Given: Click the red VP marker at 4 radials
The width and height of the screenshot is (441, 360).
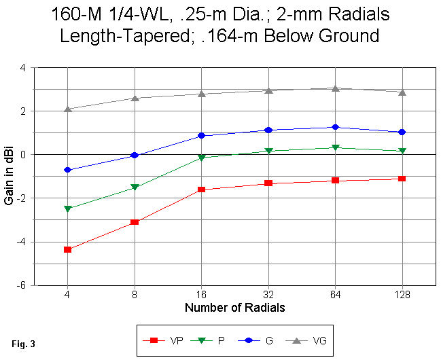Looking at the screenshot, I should click(x=67, y=249).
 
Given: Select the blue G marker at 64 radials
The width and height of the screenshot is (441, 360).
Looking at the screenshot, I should click(x=336, y=127).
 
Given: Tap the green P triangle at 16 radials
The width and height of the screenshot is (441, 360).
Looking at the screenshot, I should click(x=201, y=158).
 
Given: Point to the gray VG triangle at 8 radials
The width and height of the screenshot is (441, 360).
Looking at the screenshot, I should click(x=135, y=98).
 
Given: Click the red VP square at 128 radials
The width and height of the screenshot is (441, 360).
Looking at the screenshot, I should click(x=402, y=179).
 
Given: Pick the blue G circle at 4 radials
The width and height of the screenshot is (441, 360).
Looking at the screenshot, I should click(x=67, y=170).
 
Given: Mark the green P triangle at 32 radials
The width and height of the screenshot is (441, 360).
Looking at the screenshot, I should click(x=268, y=151).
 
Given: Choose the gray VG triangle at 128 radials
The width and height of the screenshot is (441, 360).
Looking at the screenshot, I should click(x=402, y=92).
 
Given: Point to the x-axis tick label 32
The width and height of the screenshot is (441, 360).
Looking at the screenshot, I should click(x=268, y=295).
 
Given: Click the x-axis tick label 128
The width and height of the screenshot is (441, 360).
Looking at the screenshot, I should click(x=402, y=295).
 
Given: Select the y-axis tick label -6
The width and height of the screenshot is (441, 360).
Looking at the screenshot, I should click(x=22, y=285).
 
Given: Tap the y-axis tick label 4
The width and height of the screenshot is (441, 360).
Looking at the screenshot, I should click(x=24, y=68).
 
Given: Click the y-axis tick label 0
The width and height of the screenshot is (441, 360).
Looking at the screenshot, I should click(x=24, y=155).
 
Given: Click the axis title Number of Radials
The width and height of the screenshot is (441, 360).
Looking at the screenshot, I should click(x=234, y=308).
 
